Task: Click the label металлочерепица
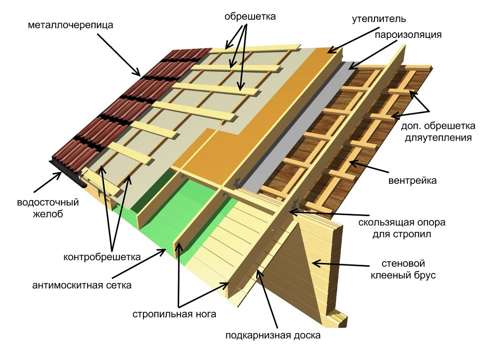click(x=70, y=25)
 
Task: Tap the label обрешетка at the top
click(x=250, y=16)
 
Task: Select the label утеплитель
click(x=379, y=19)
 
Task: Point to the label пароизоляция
click(x=408, y=35)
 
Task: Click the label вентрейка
click(x=412, y=180)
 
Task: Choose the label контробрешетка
click(x=102, y=256)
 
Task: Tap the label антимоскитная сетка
click(x=82, y=285)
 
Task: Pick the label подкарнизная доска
click(x=273, y=336)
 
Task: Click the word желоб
click(x=48, y=214)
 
